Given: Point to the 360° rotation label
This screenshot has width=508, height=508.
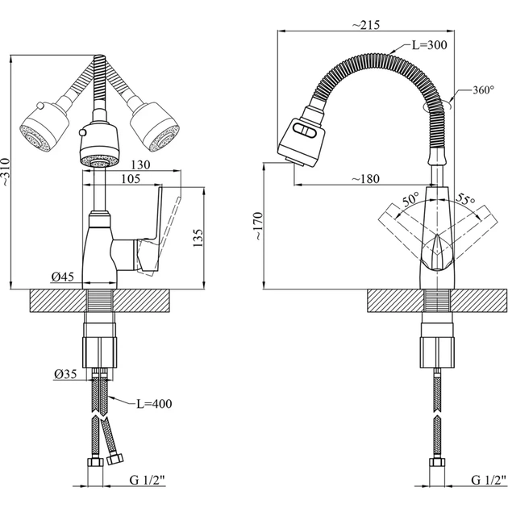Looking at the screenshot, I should [x=482, y=90].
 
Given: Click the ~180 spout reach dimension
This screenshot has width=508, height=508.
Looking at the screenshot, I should [x=372, y=177].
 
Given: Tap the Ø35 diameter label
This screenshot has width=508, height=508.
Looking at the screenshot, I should [x=67, y=374].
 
